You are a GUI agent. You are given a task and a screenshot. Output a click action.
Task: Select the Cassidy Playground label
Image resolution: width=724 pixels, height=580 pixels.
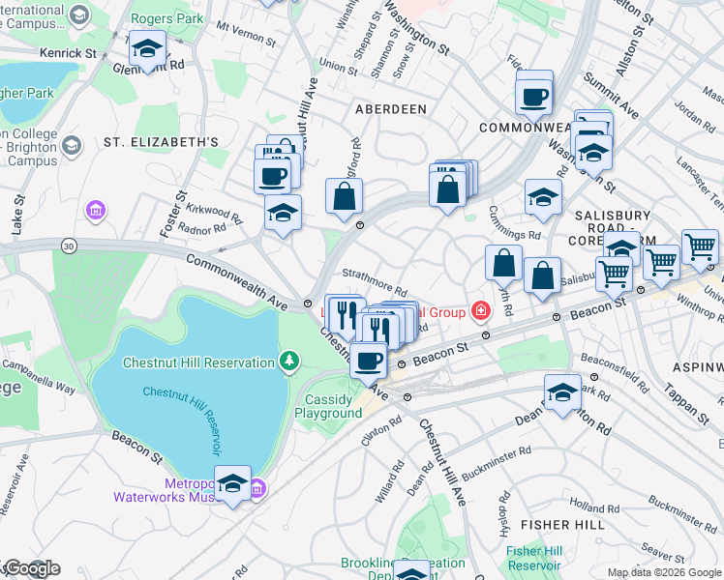pos(328,407)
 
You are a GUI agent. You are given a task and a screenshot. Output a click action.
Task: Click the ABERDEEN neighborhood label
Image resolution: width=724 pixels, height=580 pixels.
pos(391,109)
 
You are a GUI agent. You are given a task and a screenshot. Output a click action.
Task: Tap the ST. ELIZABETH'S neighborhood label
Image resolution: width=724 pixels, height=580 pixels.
pos(161,142)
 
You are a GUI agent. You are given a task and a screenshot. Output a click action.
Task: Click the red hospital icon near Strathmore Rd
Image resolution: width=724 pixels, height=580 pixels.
pos(480,310)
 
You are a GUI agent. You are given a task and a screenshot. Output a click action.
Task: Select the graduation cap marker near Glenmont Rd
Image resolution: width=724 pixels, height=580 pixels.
pos(146,48)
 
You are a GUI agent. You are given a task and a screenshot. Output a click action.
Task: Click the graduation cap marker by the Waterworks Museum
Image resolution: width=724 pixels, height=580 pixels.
pos(232,484)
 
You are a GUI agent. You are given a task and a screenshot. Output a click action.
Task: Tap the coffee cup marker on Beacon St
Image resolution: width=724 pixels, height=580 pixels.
pos(368,362)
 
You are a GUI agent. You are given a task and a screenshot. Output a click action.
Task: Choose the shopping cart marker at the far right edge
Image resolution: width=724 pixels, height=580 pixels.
pos(700,247)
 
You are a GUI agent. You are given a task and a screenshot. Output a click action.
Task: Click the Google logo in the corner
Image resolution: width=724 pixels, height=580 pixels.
pos(31,568)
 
